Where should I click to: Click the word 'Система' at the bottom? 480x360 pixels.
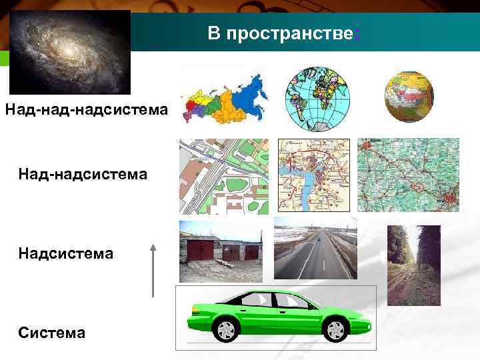pos(52,331)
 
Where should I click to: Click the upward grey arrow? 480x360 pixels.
pos(153,269)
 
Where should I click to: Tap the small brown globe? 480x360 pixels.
pos(409,96)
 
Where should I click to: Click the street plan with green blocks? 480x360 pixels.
pos(223,175)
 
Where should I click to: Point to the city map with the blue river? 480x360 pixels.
pos(313,175)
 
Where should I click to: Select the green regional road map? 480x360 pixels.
pos(408,175)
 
